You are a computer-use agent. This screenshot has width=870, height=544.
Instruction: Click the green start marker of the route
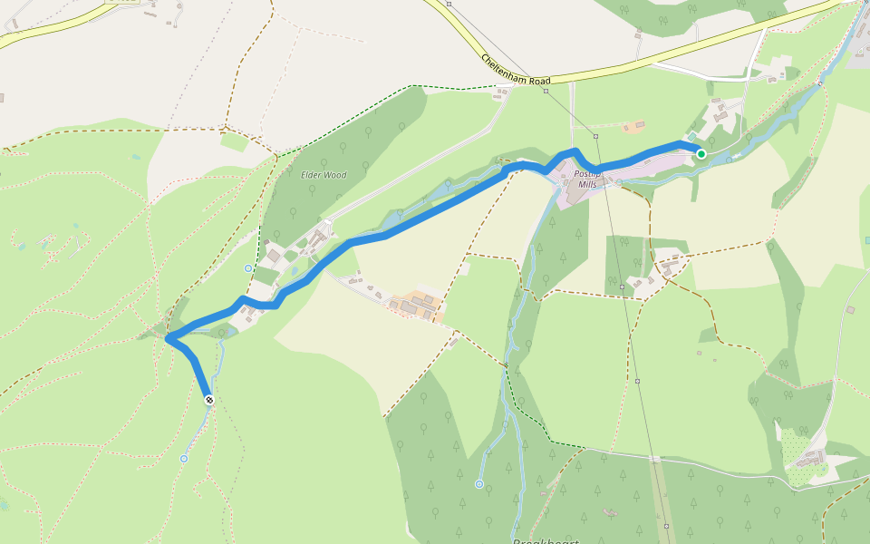click(701, 154)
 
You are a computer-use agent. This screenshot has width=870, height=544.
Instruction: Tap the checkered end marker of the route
click(209, 400)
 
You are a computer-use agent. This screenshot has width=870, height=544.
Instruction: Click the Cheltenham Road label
click(515, 72)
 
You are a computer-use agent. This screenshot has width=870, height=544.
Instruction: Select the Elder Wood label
click(324, 175)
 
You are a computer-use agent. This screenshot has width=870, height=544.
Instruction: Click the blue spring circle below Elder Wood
click(248, 268)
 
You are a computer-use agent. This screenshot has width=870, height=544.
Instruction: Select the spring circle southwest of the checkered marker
click(184, 459)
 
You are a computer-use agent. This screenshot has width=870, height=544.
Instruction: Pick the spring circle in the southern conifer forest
click(479, 484)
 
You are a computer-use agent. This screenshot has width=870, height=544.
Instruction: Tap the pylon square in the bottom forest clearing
click(666, 526)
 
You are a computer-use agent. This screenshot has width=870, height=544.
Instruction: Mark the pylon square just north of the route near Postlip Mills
click(596, 136)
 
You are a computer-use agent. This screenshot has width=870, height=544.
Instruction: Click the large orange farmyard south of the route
click(419, 305)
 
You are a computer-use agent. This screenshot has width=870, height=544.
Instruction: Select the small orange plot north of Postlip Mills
click(635, 124)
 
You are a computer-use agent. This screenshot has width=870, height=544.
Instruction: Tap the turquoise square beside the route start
click(691, 136)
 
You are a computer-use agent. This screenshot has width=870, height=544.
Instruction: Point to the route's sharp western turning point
click(169, 338)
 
